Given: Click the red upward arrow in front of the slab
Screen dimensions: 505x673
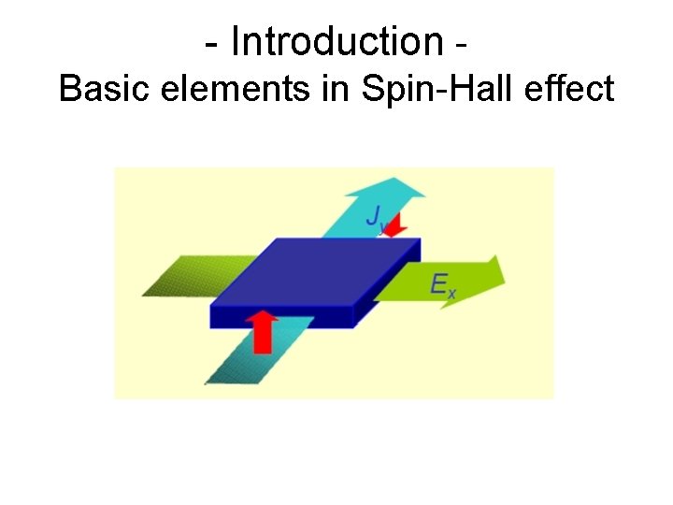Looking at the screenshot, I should click(x=265, y=330).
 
